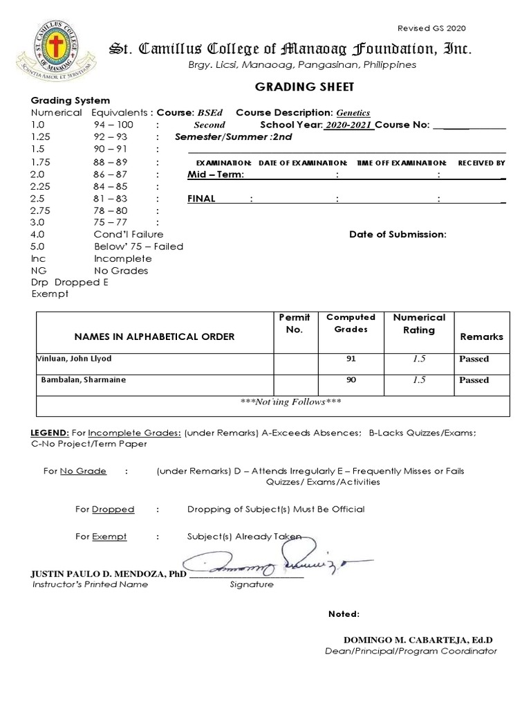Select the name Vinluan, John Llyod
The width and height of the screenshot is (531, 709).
coord(73,359)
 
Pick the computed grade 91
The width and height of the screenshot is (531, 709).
coord(350,359)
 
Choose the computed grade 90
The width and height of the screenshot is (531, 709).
coord(350,380)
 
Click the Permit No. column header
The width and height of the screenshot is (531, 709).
coord(294,323)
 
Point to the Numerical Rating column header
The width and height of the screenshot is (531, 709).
coord(419,323)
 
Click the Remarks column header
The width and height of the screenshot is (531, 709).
coord(481,336)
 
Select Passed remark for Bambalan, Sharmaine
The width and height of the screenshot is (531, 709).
coord(474,380)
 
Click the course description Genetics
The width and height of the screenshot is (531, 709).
coord(353,113)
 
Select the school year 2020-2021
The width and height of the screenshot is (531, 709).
coord(349,125)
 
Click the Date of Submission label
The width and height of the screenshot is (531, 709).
coord(398,234)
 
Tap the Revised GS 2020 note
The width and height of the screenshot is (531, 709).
coord(431,28)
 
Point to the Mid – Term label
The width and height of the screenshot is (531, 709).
coord(215,174)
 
